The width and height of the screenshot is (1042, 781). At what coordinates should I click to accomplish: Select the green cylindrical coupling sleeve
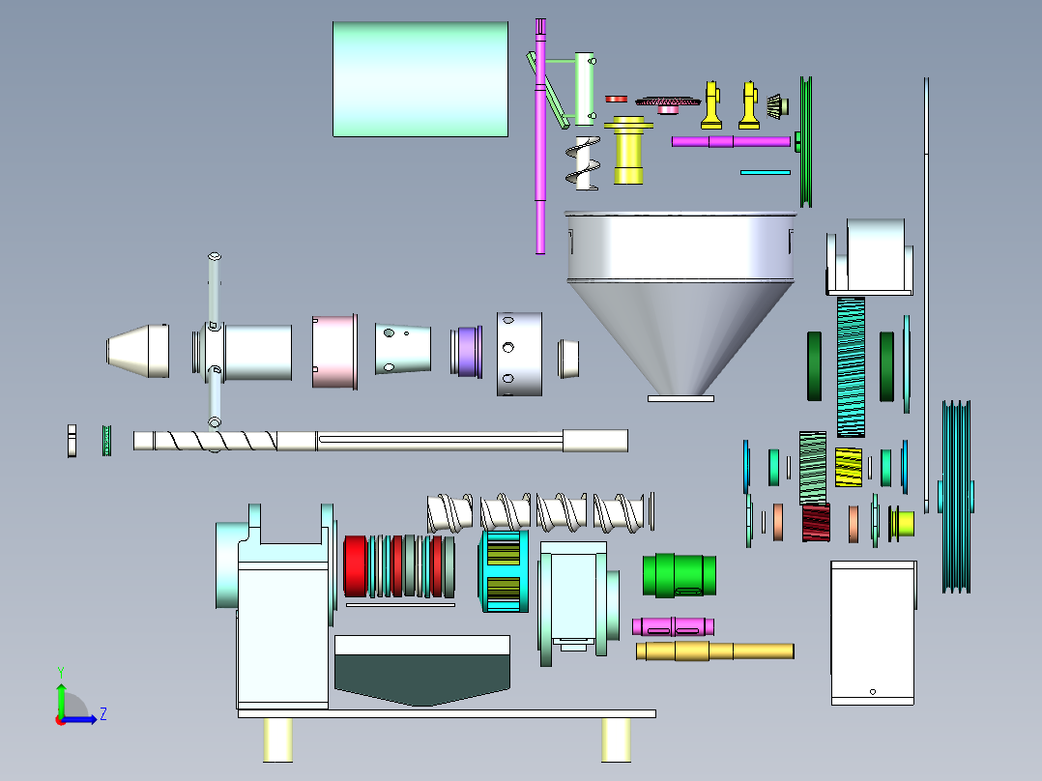point(680,575)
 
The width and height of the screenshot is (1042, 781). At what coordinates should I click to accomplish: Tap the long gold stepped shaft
point(715,651)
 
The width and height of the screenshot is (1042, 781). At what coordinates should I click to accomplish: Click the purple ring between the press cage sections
point(468,352)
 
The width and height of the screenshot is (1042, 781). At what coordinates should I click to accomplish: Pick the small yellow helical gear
point(848,467)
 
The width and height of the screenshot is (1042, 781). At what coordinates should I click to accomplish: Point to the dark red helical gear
point(816,523)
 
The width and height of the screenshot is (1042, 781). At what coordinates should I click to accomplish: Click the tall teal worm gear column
point(851,367)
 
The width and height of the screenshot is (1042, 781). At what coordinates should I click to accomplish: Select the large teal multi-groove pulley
point(956,497)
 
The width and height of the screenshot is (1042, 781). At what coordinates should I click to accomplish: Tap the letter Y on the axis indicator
point(61,673)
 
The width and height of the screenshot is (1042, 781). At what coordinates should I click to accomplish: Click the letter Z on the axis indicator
point(103,714)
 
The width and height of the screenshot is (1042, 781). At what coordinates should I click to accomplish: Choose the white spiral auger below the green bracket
point(583,163)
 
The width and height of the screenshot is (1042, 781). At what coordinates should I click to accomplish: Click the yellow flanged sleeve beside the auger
point(628,150)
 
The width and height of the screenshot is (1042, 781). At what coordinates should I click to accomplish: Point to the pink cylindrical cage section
point(334,352)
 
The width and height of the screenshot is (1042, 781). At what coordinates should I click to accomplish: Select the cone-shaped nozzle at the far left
point(137,351)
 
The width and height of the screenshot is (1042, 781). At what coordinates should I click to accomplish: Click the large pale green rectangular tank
point(420,79)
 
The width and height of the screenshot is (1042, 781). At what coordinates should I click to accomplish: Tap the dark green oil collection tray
point(422,678)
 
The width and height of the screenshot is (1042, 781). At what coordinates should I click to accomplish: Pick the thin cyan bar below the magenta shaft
point(766,172)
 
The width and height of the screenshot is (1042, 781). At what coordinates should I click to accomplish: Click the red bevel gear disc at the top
point(668,103)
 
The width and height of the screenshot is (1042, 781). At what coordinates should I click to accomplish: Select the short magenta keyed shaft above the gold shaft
point(673,626)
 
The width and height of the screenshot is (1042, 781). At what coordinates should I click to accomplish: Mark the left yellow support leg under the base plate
point(277,739)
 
